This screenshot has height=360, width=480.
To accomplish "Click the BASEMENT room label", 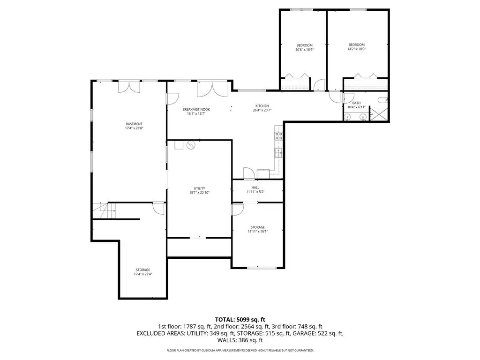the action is (134, 124).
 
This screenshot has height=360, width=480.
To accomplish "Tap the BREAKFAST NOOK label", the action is (196, 109).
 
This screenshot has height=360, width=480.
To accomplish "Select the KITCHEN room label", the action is (262, 106).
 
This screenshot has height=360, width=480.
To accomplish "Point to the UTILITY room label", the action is (199, 188).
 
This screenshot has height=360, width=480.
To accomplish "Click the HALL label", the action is (255, 187).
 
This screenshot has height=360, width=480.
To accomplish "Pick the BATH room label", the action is (356, 103).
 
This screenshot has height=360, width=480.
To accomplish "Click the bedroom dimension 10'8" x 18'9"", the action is (305, 50).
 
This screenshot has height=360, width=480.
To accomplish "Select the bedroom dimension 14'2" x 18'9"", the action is (357, 49).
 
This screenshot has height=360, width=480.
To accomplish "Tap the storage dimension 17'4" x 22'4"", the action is (143, 274).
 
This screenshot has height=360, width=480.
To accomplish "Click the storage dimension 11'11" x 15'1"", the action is (258, 232).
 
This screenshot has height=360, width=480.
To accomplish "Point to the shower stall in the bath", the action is (379, 113).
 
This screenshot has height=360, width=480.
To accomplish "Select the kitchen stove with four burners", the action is (278, 136).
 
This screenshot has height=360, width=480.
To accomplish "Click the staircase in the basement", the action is (105, 210).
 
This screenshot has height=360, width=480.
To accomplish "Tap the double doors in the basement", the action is (129, 87).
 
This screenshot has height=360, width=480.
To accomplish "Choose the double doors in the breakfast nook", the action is (212, 89).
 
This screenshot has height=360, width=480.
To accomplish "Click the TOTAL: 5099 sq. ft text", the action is (240, 320).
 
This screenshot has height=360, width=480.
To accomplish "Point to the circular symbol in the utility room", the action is (191, 145).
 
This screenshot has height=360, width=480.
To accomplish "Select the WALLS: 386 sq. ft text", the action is (240, 340).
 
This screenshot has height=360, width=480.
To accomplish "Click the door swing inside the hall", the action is (249, 173).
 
